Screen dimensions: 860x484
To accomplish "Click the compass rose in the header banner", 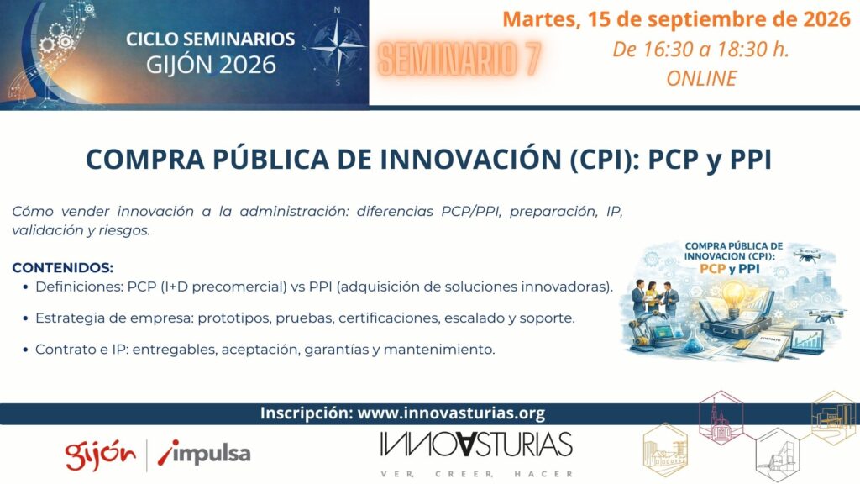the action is [338, 47].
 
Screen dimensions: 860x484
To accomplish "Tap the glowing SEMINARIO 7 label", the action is [459, 59].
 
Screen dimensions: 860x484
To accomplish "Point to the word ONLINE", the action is [701, 78].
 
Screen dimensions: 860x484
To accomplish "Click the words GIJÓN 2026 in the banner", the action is [211, 65].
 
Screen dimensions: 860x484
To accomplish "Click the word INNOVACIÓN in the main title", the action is [470, 159].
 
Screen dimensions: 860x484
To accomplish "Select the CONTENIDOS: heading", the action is [62, 268].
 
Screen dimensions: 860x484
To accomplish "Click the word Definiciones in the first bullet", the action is [76, 287].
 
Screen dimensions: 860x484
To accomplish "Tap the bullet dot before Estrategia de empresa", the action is [25, 318].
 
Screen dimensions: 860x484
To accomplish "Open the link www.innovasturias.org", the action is [451, 413].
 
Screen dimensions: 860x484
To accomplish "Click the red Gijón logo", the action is [101, 455].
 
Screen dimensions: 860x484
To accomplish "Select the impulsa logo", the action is [204, 453].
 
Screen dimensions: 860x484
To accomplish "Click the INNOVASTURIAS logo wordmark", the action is [476, 445].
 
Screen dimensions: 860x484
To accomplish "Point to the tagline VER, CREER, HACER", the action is [476, 474].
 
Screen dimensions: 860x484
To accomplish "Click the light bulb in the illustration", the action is [736, 297].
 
